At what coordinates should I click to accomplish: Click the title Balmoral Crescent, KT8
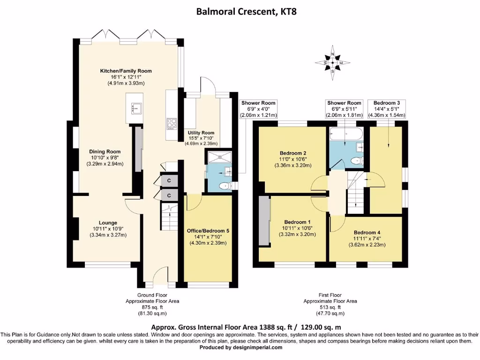point(240,11)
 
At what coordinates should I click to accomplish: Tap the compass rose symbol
point(332,62)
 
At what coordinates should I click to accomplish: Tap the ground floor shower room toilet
point(224,186)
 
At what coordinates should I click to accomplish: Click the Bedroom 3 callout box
point(387,109)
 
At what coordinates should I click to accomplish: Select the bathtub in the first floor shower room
point(345,135)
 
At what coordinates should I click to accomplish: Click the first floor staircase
point(356,192)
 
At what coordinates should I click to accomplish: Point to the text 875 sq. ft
point(152,307)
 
